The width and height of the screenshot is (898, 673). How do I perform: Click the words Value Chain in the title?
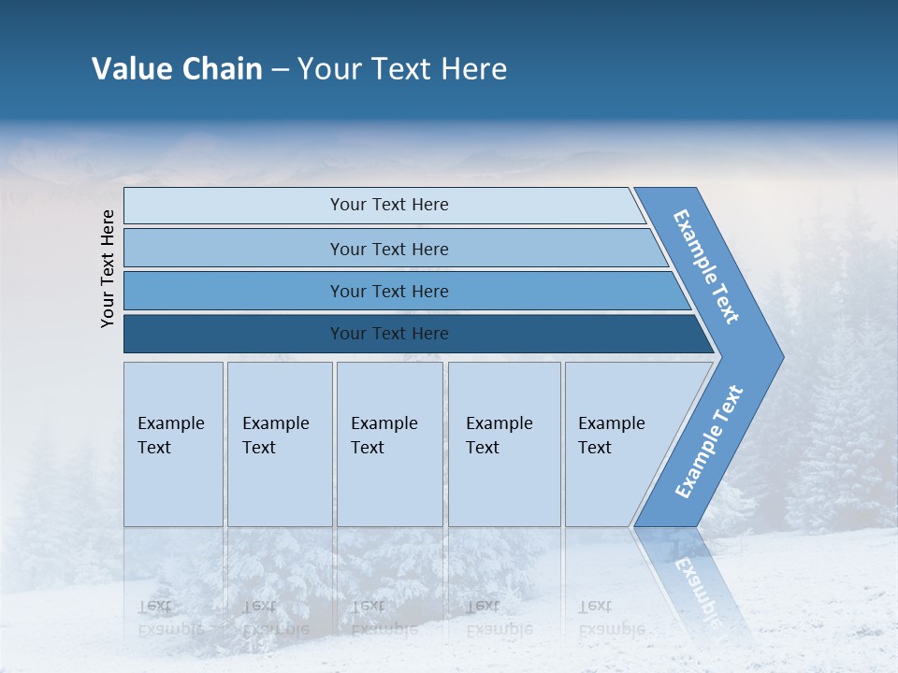[177, 68]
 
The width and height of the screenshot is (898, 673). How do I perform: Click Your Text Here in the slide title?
[402, 68]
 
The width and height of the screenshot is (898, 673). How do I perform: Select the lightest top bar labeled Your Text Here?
[388, 205]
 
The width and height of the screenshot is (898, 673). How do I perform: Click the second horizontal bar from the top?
[388, 249]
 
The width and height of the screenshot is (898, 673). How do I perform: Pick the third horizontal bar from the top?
[388, 291]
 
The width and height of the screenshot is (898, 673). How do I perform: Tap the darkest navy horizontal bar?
[388, 334]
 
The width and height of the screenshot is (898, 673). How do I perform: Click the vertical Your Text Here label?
[108, 268]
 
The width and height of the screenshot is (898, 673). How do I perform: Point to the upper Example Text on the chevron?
[707, 266]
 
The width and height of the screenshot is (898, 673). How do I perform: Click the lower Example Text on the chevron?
[709, 441]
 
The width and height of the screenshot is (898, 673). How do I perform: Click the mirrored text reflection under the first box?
[170, 618]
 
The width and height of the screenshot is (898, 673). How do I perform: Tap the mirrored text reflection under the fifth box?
[610, 618]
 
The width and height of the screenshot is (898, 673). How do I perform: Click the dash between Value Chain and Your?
[280, 69]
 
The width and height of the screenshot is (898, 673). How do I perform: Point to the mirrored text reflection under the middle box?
[384, 618]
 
